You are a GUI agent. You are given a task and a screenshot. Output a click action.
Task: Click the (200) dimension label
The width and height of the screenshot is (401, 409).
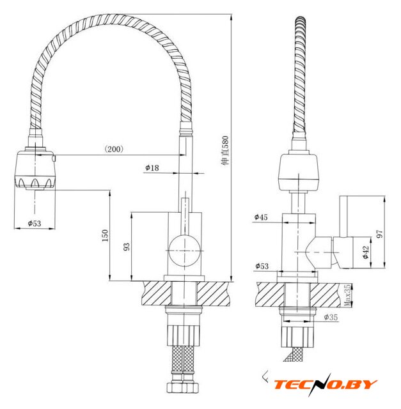point(114,149)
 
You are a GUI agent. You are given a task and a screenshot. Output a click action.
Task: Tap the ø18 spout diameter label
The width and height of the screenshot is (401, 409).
point(152,167)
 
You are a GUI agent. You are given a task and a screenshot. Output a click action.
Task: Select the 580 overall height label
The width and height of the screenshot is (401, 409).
point(224,150)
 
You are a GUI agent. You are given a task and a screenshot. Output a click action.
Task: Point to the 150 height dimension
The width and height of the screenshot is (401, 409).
point(105,235)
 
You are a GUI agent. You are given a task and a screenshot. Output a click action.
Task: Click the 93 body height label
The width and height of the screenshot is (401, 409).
point(127,247)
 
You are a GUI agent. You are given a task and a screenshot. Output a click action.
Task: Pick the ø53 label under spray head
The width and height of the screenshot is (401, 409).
point(35,223)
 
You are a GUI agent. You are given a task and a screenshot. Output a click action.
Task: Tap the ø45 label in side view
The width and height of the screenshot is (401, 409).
point(261,217)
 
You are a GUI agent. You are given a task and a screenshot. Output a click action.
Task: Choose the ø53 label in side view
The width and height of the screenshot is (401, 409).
point(262,266)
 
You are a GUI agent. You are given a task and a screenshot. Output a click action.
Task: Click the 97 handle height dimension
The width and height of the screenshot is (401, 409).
point(380,234)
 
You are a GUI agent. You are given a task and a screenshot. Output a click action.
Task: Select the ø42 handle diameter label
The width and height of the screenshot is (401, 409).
point(366,252)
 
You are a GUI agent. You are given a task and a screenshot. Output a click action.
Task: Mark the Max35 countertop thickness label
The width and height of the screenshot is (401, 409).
point(347,295)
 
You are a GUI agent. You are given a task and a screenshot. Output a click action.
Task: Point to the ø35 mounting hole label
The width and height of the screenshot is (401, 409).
point(331,317)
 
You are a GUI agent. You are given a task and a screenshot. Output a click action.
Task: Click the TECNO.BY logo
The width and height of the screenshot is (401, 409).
point(326,384)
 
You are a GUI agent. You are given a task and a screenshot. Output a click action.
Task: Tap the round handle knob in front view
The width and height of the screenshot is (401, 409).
point(185,251)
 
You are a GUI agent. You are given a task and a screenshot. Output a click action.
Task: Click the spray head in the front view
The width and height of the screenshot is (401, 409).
point(35,169)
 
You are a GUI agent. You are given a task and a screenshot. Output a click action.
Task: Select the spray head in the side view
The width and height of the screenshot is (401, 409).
point(299,173)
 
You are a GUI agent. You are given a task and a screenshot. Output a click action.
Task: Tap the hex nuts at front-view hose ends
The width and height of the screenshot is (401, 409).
point(183,387)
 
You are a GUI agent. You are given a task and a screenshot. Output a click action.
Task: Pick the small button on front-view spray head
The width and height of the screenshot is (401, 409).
point(54,158)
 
